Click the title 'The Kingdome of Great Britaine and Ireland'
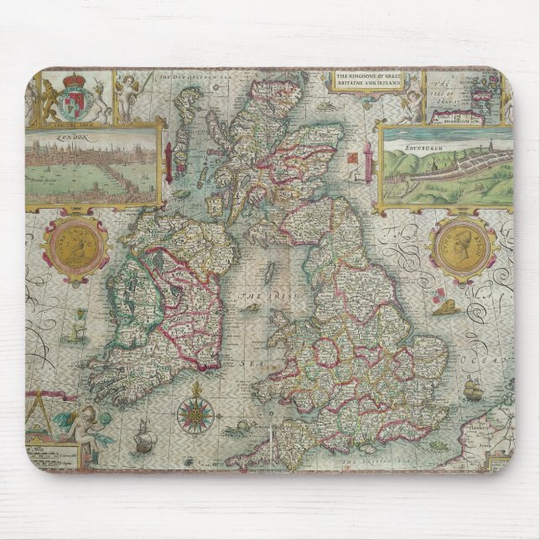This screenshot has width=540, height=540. (368, 80)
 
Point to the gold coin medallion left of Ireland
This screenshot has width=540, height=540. (76, 246)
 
